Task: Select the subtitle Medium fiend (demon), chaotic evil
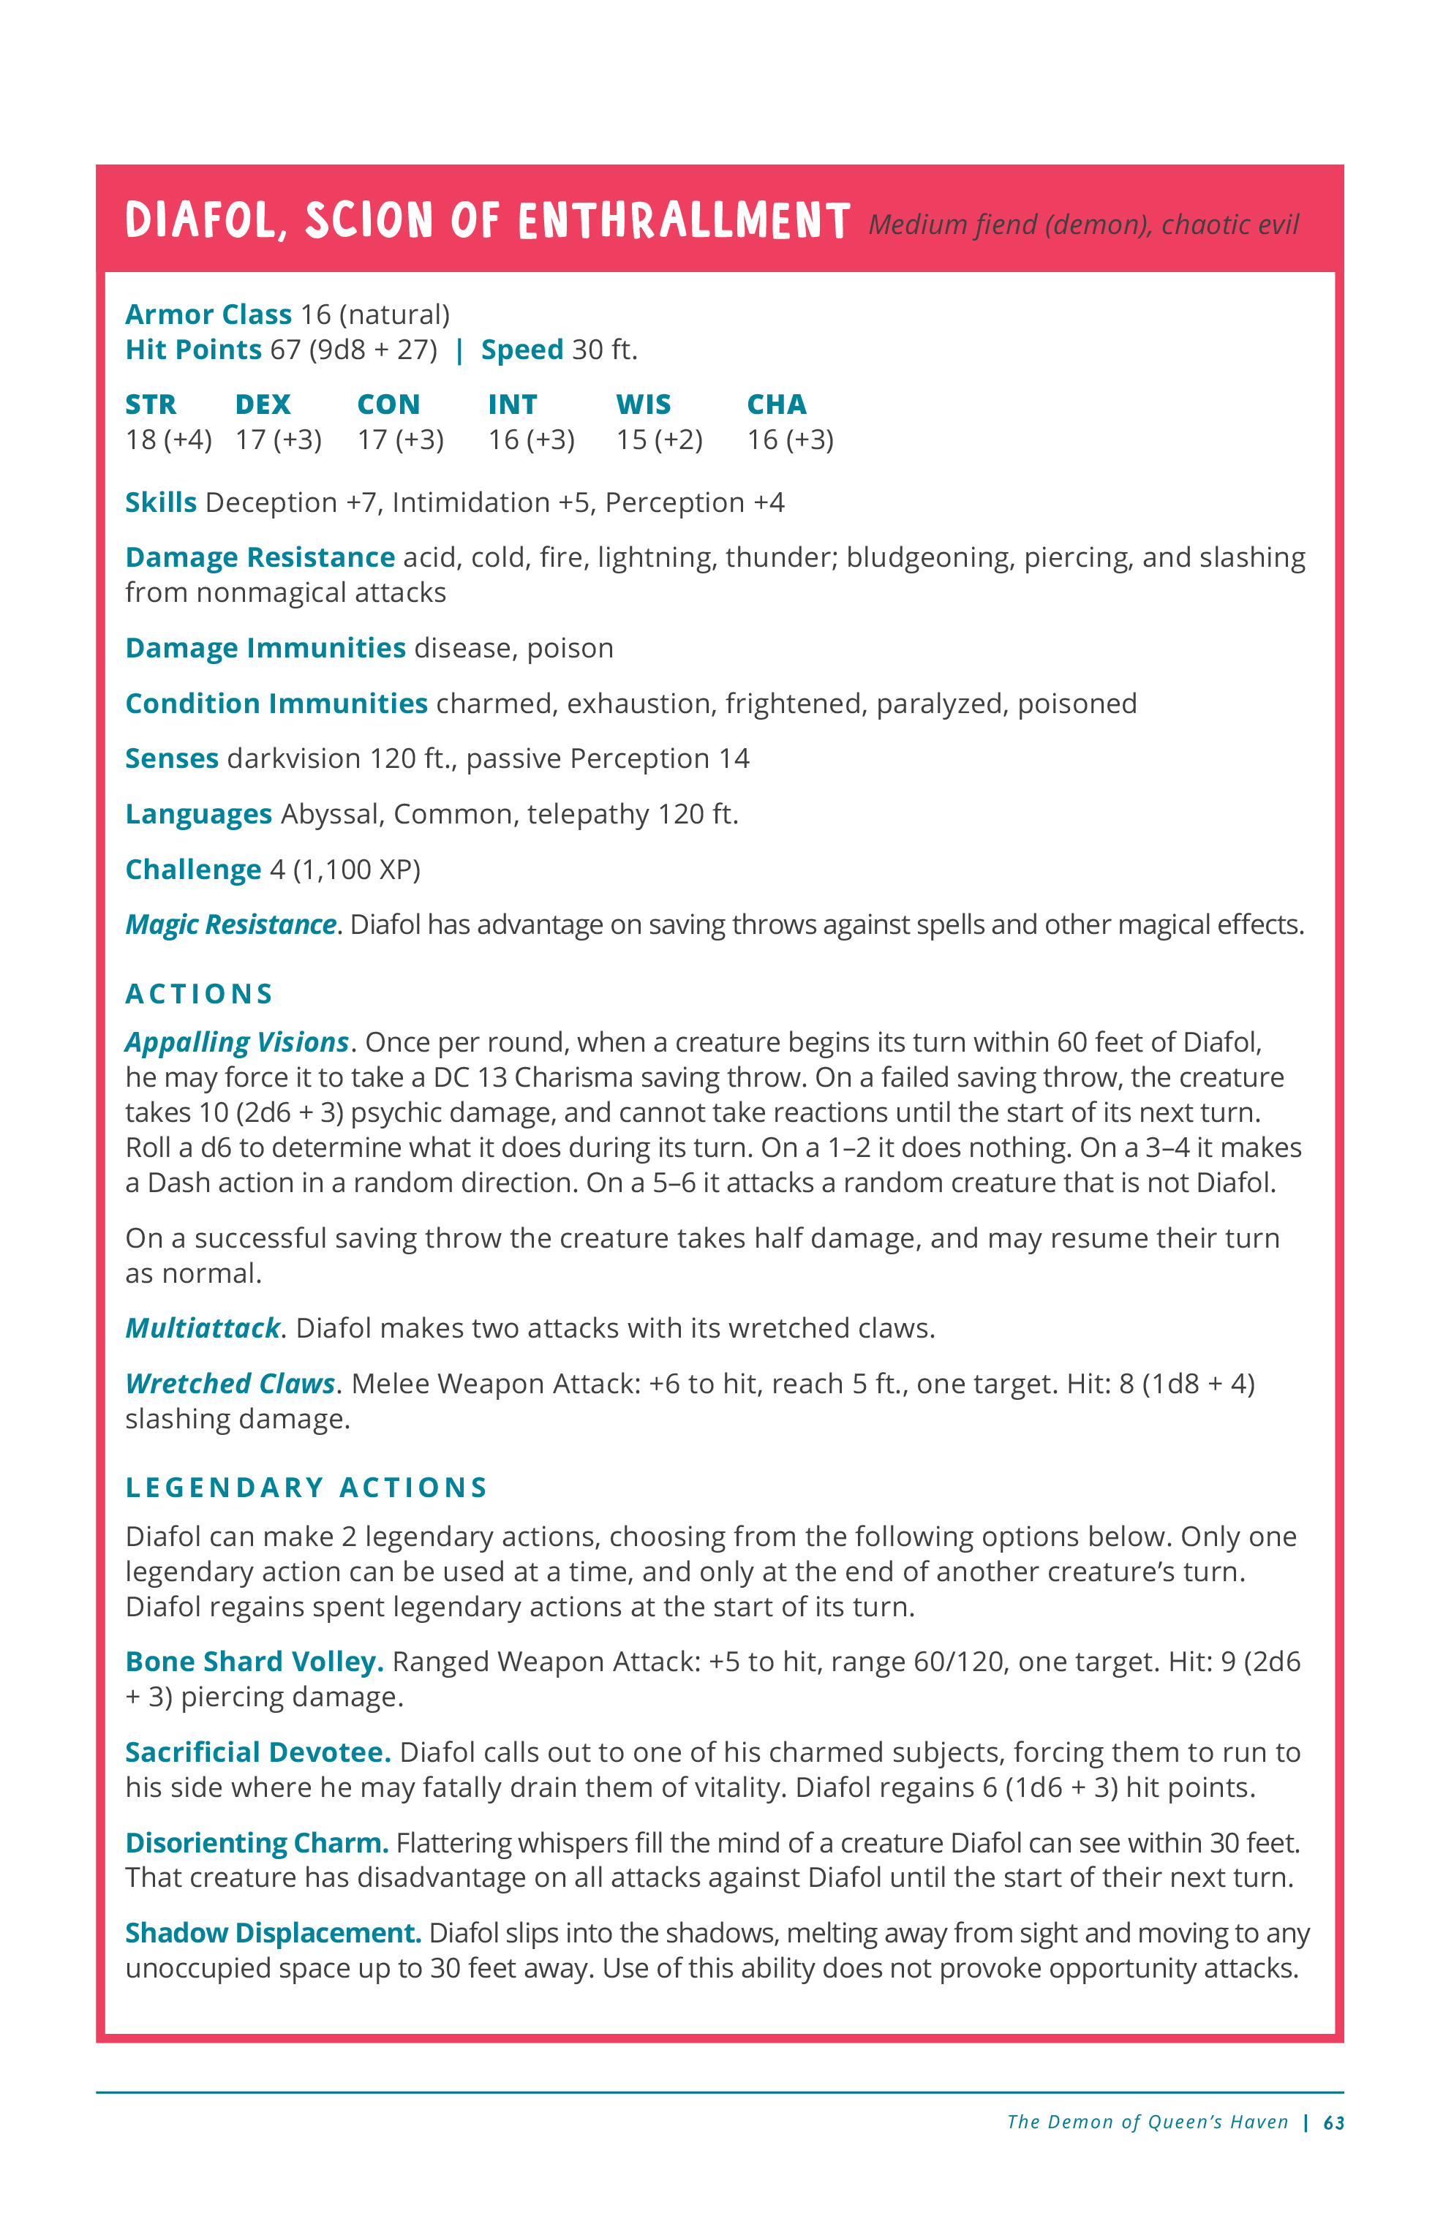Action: point(1083,225)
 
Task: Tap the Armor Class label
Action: point(208,314)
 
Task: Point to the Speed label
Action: point(521,350)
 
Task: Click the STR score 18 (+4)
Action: point(168,440)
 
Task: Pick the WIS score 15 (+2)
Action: point(658,440)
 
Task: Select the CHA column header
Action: point(776,404)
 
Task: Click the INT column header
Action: point(512,404)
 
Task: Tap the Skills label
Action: point(161,502)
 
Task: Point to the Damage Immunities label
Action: point(265,648)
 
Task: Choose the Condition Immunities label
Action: point(276,704)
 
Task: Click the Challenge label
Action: point(192,870)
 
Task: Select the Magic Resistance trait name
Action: point(231,925)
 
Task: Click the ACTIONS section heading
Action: point(199,994)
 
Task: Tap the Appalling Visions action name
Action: point(237,1042)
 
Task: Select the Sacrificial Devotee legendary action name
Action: point(257,1752)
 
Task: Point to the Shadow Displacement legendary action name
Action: point(272,1933)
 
